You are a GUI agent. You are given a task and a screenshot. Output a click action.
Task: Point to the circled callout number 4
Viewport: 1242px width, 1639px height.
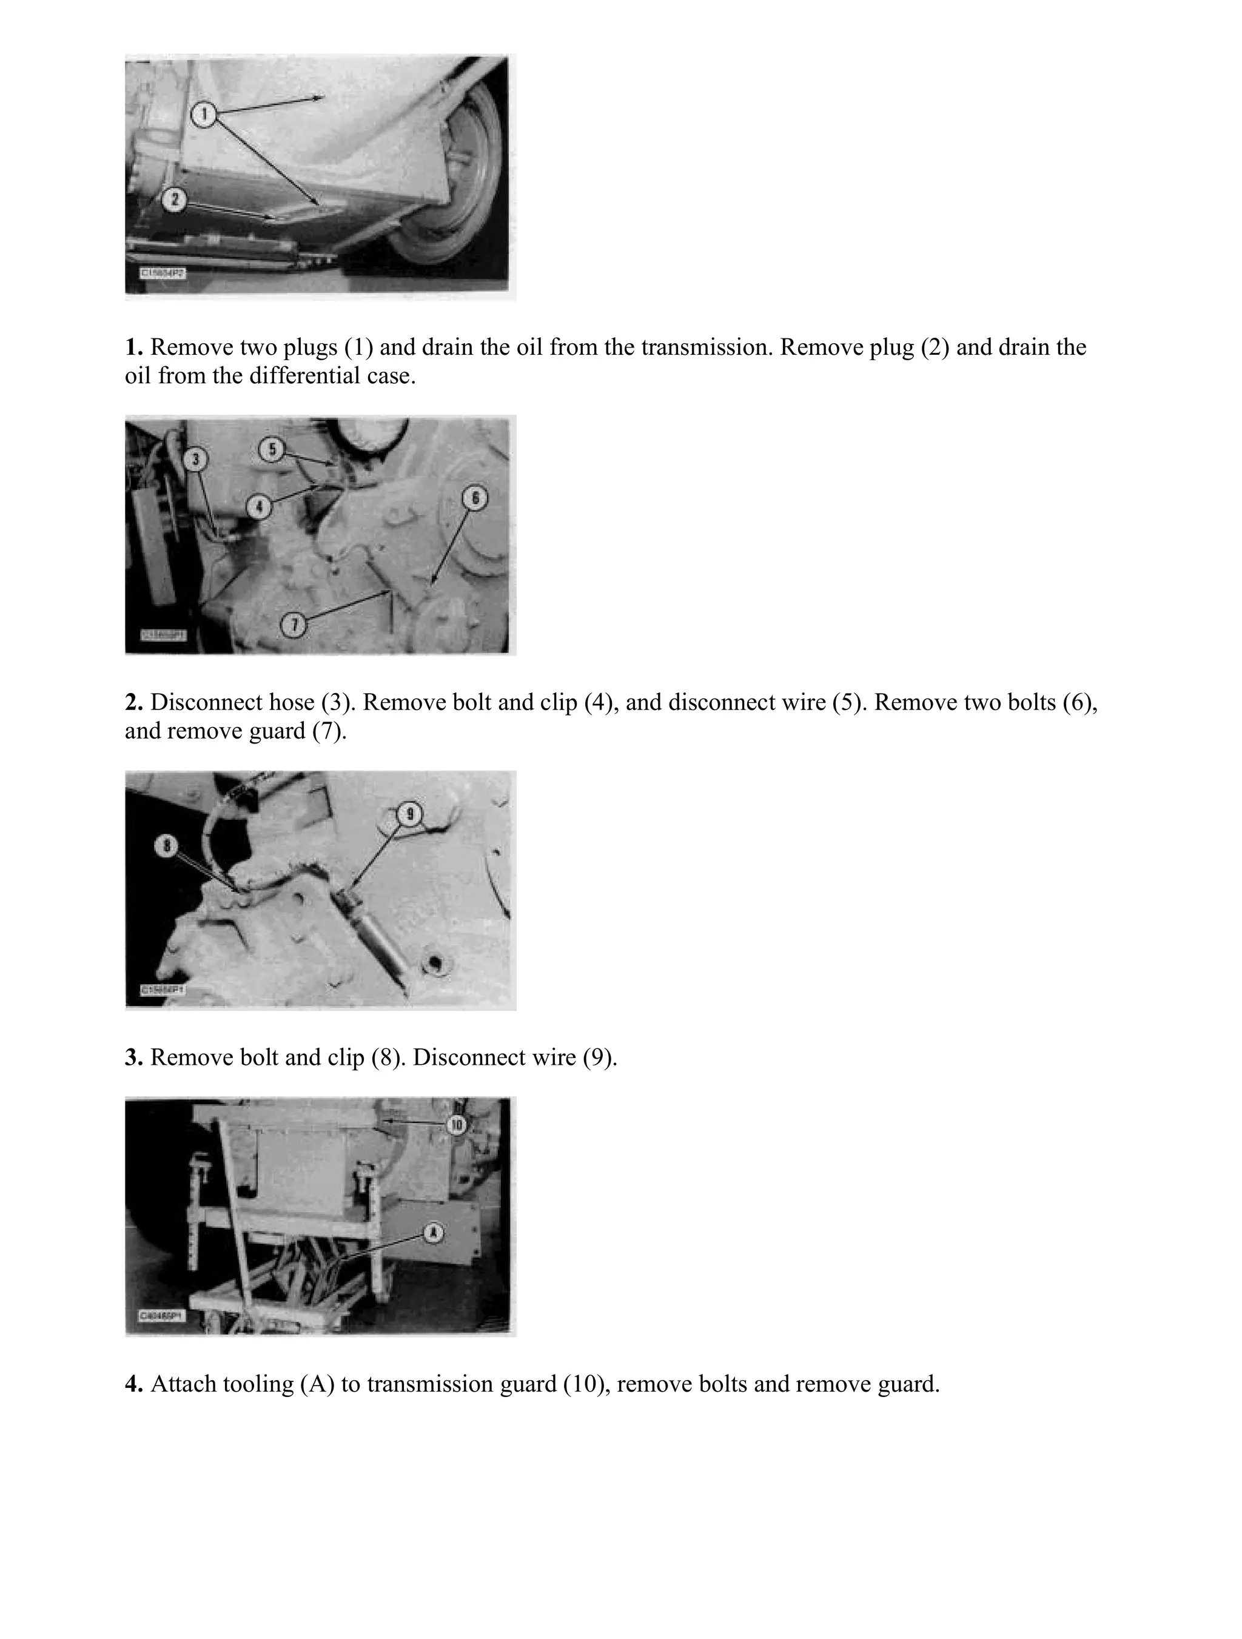pos(258,508)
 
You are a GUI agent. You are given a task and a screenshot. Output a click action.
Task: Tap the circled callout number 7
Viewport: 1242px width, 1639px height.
pos(294,625)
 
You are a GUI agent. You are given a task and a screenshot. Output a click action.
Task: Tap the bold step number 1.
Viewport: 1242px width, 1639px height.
pos(133,347)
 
